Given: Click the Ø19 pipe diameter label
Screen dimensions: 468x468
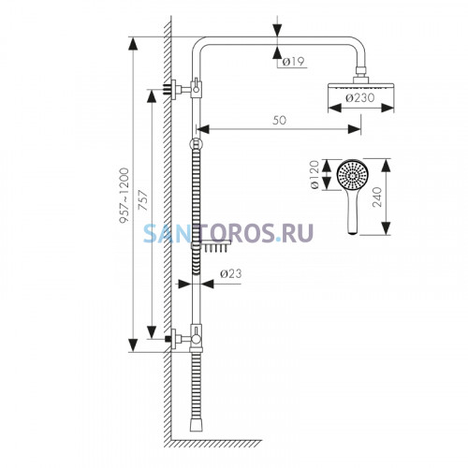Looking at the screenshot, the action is click(x=293, y=62).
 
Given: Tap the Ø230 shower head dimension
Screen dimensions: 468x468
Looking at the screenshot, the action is click(x=360, y=98).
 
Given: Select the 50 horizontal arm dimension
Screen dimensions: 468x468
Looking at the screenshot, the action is click(x=279, y=120).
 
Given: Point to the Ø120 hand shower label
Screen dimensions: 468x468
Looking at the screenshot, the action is click(x=314, y=174).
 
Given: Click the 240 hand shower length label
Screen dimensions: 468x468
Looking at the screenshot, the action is click(x=377, y=197).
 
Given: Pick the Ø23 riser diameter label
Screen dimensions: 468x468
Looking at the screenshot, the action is click(x=231, y=273).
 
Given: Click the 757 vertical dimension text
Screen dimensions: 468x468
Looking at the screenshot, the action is click(x=143, y=200).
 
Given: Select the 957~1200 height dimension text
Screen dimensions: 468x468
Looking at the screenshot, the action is click(x=124, y=196).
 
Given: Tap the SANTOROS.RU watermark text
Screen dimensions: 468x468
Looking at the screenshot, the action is click(x=228, y=233).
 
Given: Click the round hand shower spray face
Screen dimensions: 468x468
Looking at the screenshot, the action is click(x=353, y=175).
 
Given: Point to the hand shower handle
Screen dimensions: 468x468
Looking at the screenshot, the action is click(x=353, y=212).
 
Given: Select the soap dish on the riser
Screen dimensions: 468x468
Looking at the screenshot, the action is click(x=212, y=245).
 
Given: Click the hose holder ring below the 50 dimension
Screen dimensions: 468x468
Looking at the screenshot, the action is click(x=196, y=144).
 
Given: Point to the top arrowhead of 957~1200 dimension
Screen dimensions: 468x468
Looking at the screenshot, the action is click(x=133, y=44).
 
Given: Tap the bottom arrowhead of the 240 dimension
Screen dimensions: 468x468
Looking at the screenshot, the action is click(x=386, y=228).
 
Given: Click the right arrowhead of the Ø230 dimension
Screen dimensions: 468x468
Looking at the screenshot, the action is click(x=388, y=109).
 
